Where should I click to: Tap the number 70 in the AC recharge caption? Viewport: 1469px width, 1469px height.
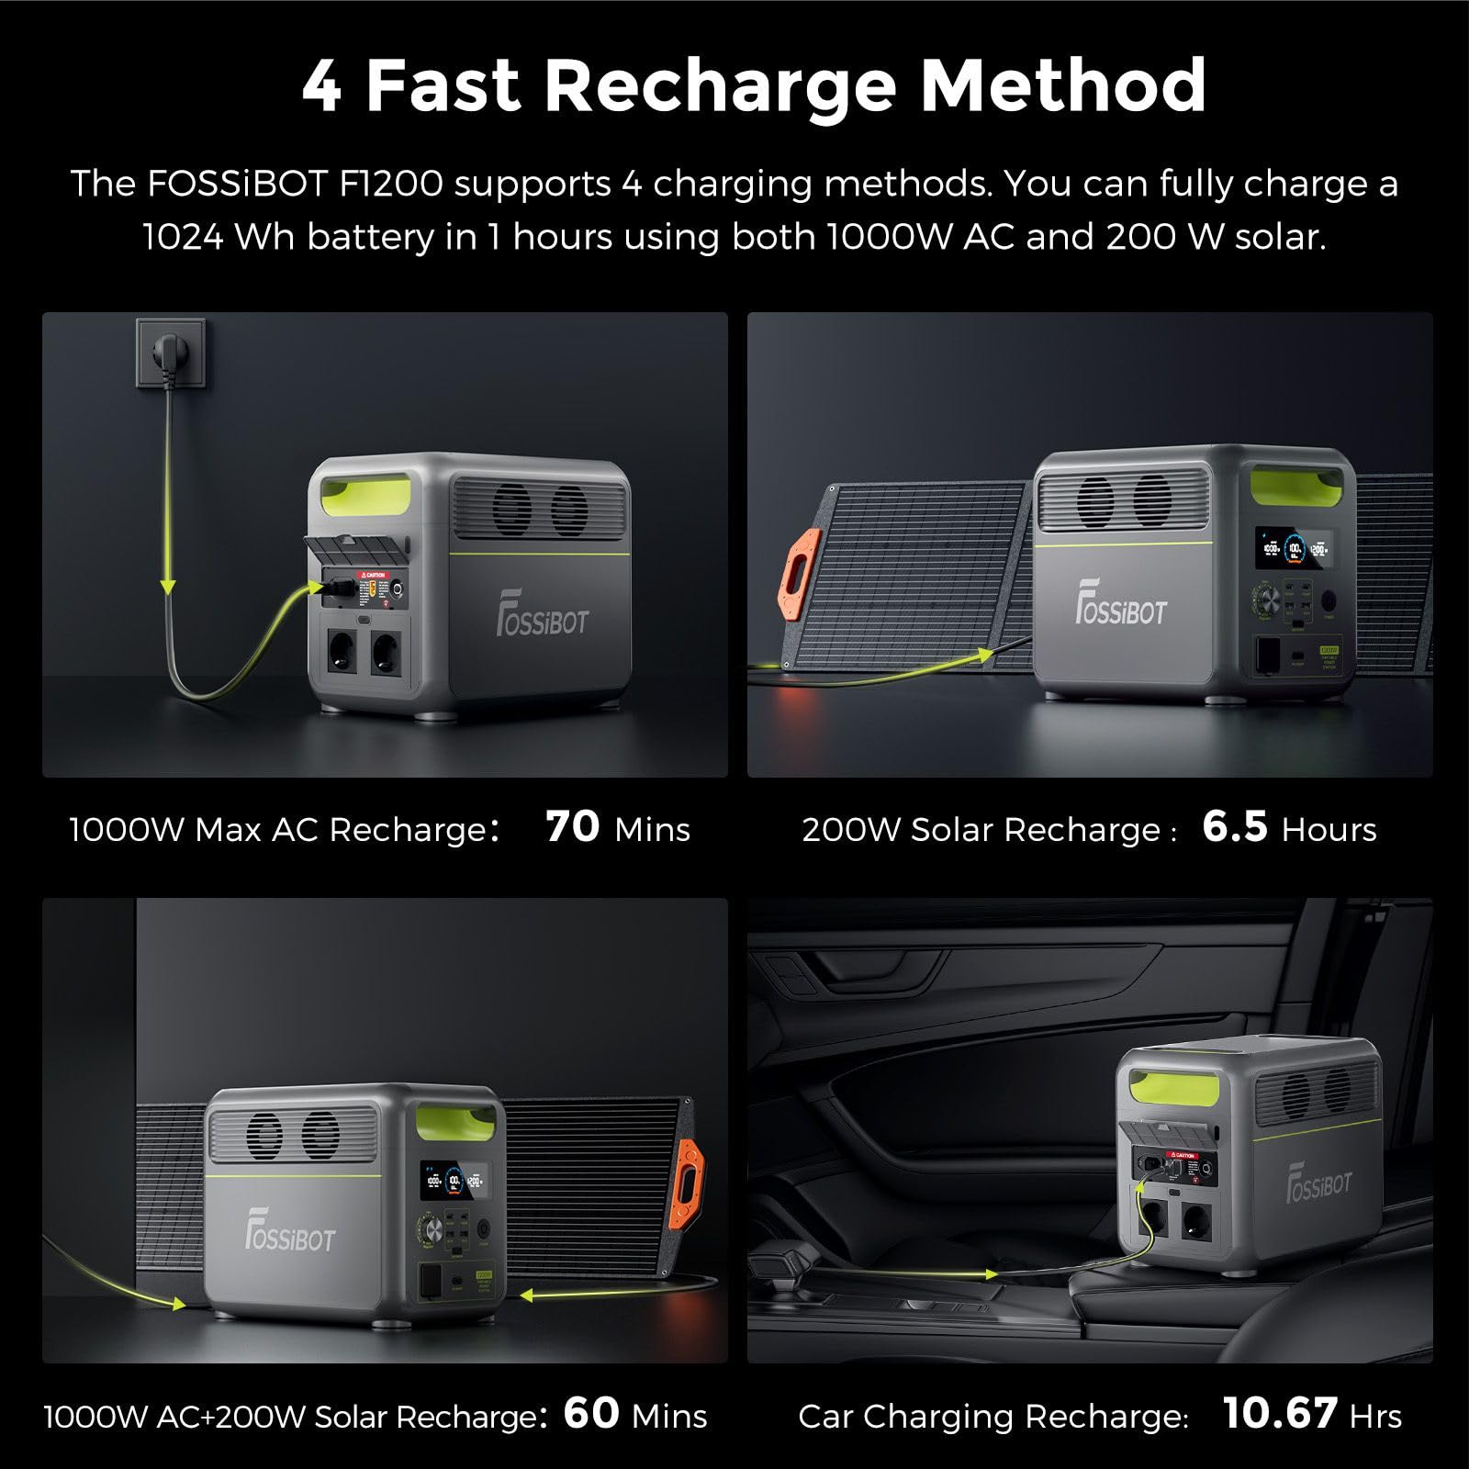click(x=572, y=826)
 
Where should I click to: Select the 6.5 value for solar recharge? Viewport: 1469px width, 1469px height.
click(x=1235, y=826)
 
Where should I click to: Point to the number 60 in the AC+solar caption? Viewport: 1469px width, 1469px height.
click(x=591, y=1413)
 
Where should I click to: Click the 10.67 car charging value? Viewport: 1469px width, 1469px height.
click(x=1280, y=1413)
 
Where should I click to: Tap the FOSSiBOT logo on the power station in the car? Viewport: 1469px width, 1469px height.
click(x=1318, y=1182)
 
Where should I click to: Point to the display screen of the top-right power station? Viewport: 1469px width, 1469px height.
click(x=1293, y=552)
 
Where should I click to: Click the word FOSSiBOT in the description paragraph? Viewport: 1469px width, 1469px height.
click(x=237, y=185)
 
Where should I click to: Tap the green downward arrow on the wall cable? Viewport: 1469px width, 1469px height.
click(x=168, y=585)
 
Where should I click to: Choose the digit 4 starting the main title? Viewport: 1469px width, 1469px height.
click(x=322, y=86)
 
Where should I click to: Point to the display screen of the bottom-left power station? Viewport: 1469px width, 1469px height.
click(x=452, y=1179)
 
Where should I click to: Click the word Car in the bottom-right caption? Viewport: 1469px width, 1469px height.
click(x=824, y=1416)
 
